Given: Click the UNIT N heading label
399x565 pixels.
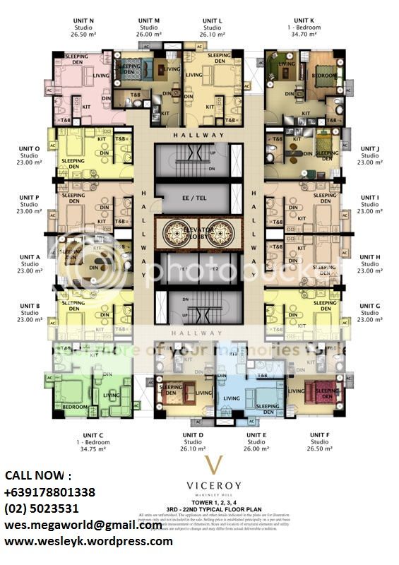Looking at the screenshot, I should point(83,20).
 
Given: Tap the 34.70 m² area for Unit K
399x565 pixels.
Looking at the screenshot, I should point(307,34).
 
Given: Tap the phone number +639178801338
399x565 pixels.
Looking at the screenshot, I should point(50,492).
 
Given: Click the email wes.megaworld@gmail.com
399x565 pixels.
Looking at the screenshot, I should point(83,525).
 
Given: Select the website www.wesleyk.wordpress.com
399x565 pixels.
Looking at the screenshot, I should point(88,542).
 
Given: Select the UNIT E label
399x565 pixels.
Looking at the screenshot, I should point(256,435).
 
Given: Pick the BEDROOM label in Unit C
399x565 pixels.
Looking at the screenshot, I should point(74,408).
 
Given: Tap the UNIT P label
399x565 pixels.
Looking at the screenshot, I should point(29,198).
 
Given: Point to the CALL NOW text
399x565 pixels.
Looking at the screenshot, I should point(38,476).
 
